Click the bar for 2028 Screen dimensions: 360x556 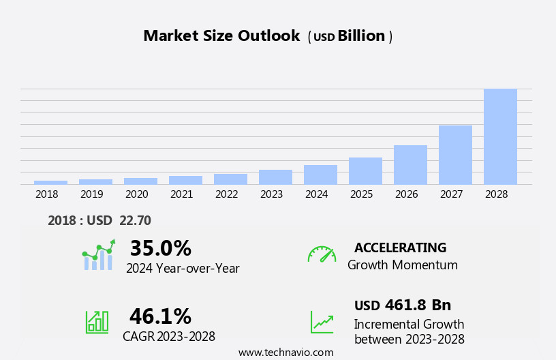500,136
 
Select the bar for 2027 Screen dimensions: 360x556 455,155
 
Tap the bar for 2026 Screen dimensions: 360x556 410,164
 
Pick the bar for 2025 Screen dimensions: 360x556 365,170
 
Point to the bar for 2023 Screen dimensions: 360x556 275,177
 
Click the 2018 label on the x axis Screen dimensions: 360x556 47,194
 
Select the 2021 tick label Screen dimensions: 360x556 181,194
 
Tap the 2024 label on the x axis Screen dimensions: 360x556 316,194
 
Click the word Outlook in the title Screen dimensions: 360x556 268,36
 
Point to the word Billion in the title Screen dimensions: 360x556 361,36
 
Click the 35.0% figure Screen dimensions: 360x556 160,248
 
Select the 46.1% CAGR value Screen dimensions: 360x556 160,316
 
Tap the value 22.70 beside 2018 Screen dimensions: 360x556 136,220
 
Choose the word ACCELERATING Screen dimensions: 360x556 400,247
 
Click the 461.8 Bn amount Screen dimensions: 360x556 418,305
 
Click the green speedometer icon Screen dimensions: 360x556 322,254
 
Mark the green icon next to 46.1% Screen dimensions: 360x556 97,322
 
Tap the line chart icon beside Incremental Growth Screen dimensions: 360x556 322,322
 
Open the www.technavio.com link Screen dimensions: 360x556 285,352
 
